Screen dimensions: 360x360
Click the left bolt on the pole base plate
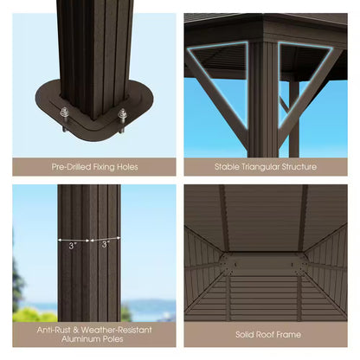[x=64, y=112]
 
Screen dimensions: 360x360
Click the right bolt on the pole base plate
[x=122, y=115]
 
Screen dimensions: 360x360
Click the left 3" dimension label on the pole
[x=74, y=245]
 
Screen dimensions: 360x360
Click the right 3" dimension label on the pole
[x=105, y=245]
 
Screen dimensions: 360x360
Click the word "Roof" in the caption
[x=262, y=334]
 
